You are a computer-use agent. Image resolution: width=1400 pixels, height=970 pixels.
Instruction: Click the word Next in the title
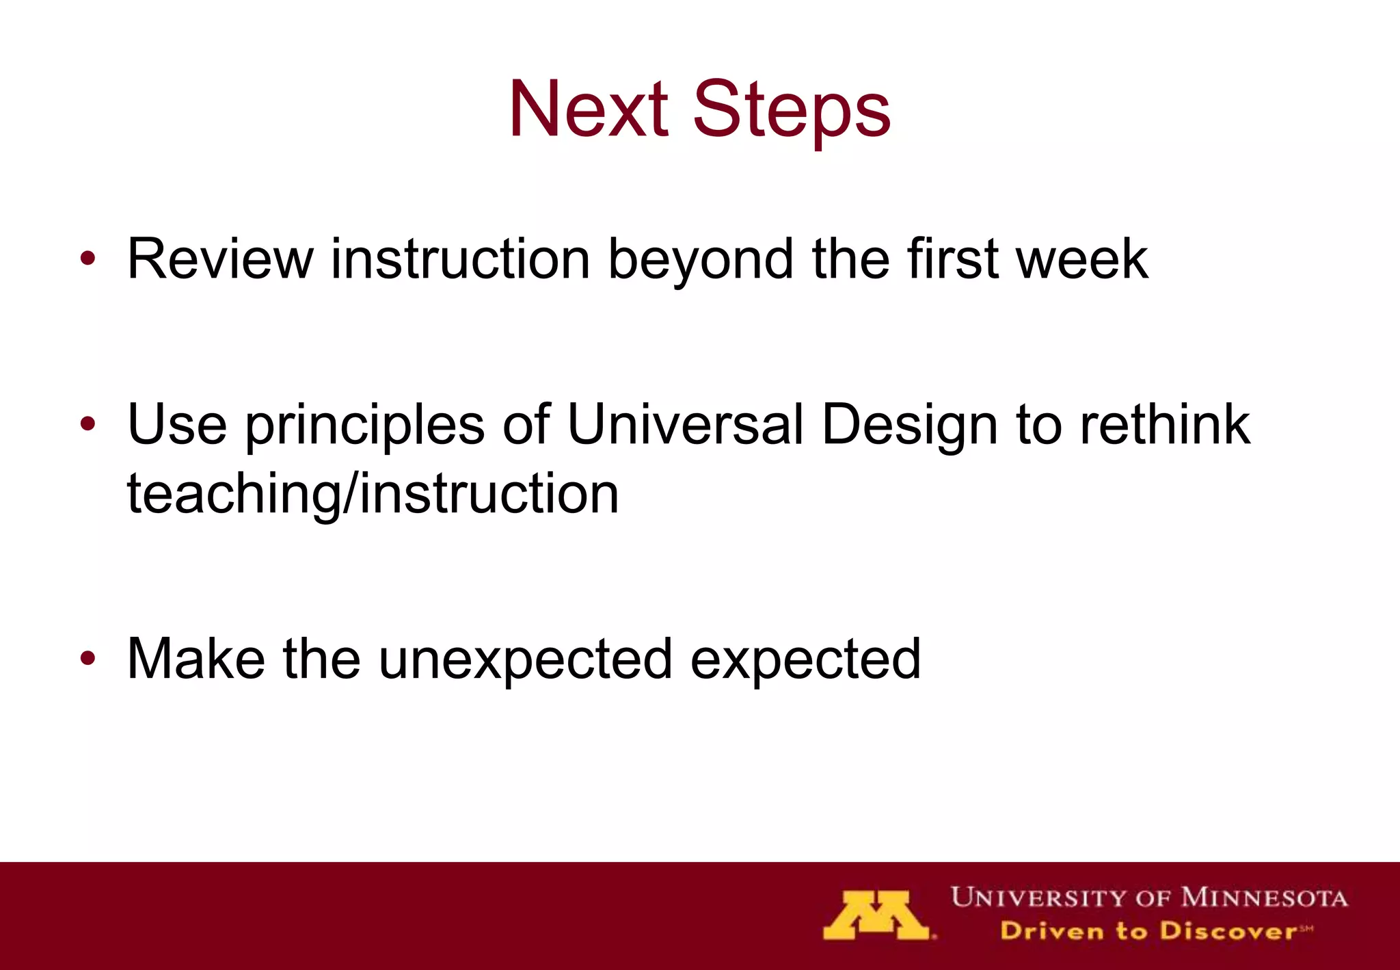pyautogui.click(x=588, y=109)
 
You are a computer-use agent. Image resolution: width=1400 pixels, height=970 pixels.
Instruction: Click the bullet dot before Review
pyautogui.click(x=87, y=259)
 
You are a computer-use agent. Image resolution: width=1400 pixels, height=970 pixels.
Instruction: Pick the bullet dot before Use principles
pyautogui.click(x=87, y=424)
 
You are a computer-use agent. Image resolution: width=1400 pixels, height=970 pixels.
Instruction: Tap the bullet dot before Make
pyautogui.click(x=87, y=658)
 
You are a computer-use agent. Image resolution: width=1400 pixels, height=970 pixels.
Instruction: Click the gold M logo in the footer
pyautogui.click(x=876, y=915)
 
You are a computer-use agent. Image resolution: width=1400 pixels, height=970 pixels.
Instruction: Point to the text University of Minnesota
pyautogui.click(x=1148, y=897)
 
